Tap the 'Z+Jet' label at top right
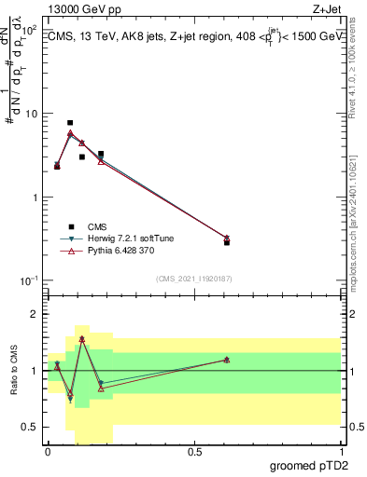[324, 9]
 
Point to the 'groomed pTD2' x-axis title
[307, 463]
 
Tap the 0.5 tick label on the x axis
[194, 451]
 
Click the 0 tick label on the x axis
[48, 451]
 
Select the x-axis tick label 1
[341, 451]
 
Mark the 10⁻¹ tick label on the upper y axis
[29, 280]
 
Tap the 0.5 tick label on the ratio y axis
[33, 427]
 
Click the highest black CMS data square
[70, 122]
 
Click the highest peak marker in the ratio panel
[82, 339]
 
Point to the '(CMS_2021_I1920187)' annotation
[193, 278]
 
